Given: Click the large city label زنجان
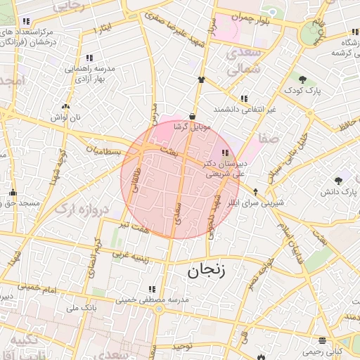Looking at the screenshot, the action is coord(206,271).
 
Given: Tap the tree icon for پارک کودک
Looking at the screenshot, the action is coord(302,79).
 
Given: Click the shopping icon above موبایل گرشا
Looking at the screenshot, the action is coord(192,116).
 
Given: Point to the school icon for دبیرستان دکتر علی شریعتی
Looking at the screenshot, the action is coord(225,153).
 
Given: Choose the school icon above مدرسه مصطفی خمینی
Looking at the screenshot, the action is coord(152,289).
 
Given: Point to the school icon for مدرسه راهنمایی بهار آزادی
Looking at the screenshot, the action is coord(89,58).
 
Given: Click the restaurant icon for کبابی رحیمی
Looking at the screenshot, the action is coord(323,340).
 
